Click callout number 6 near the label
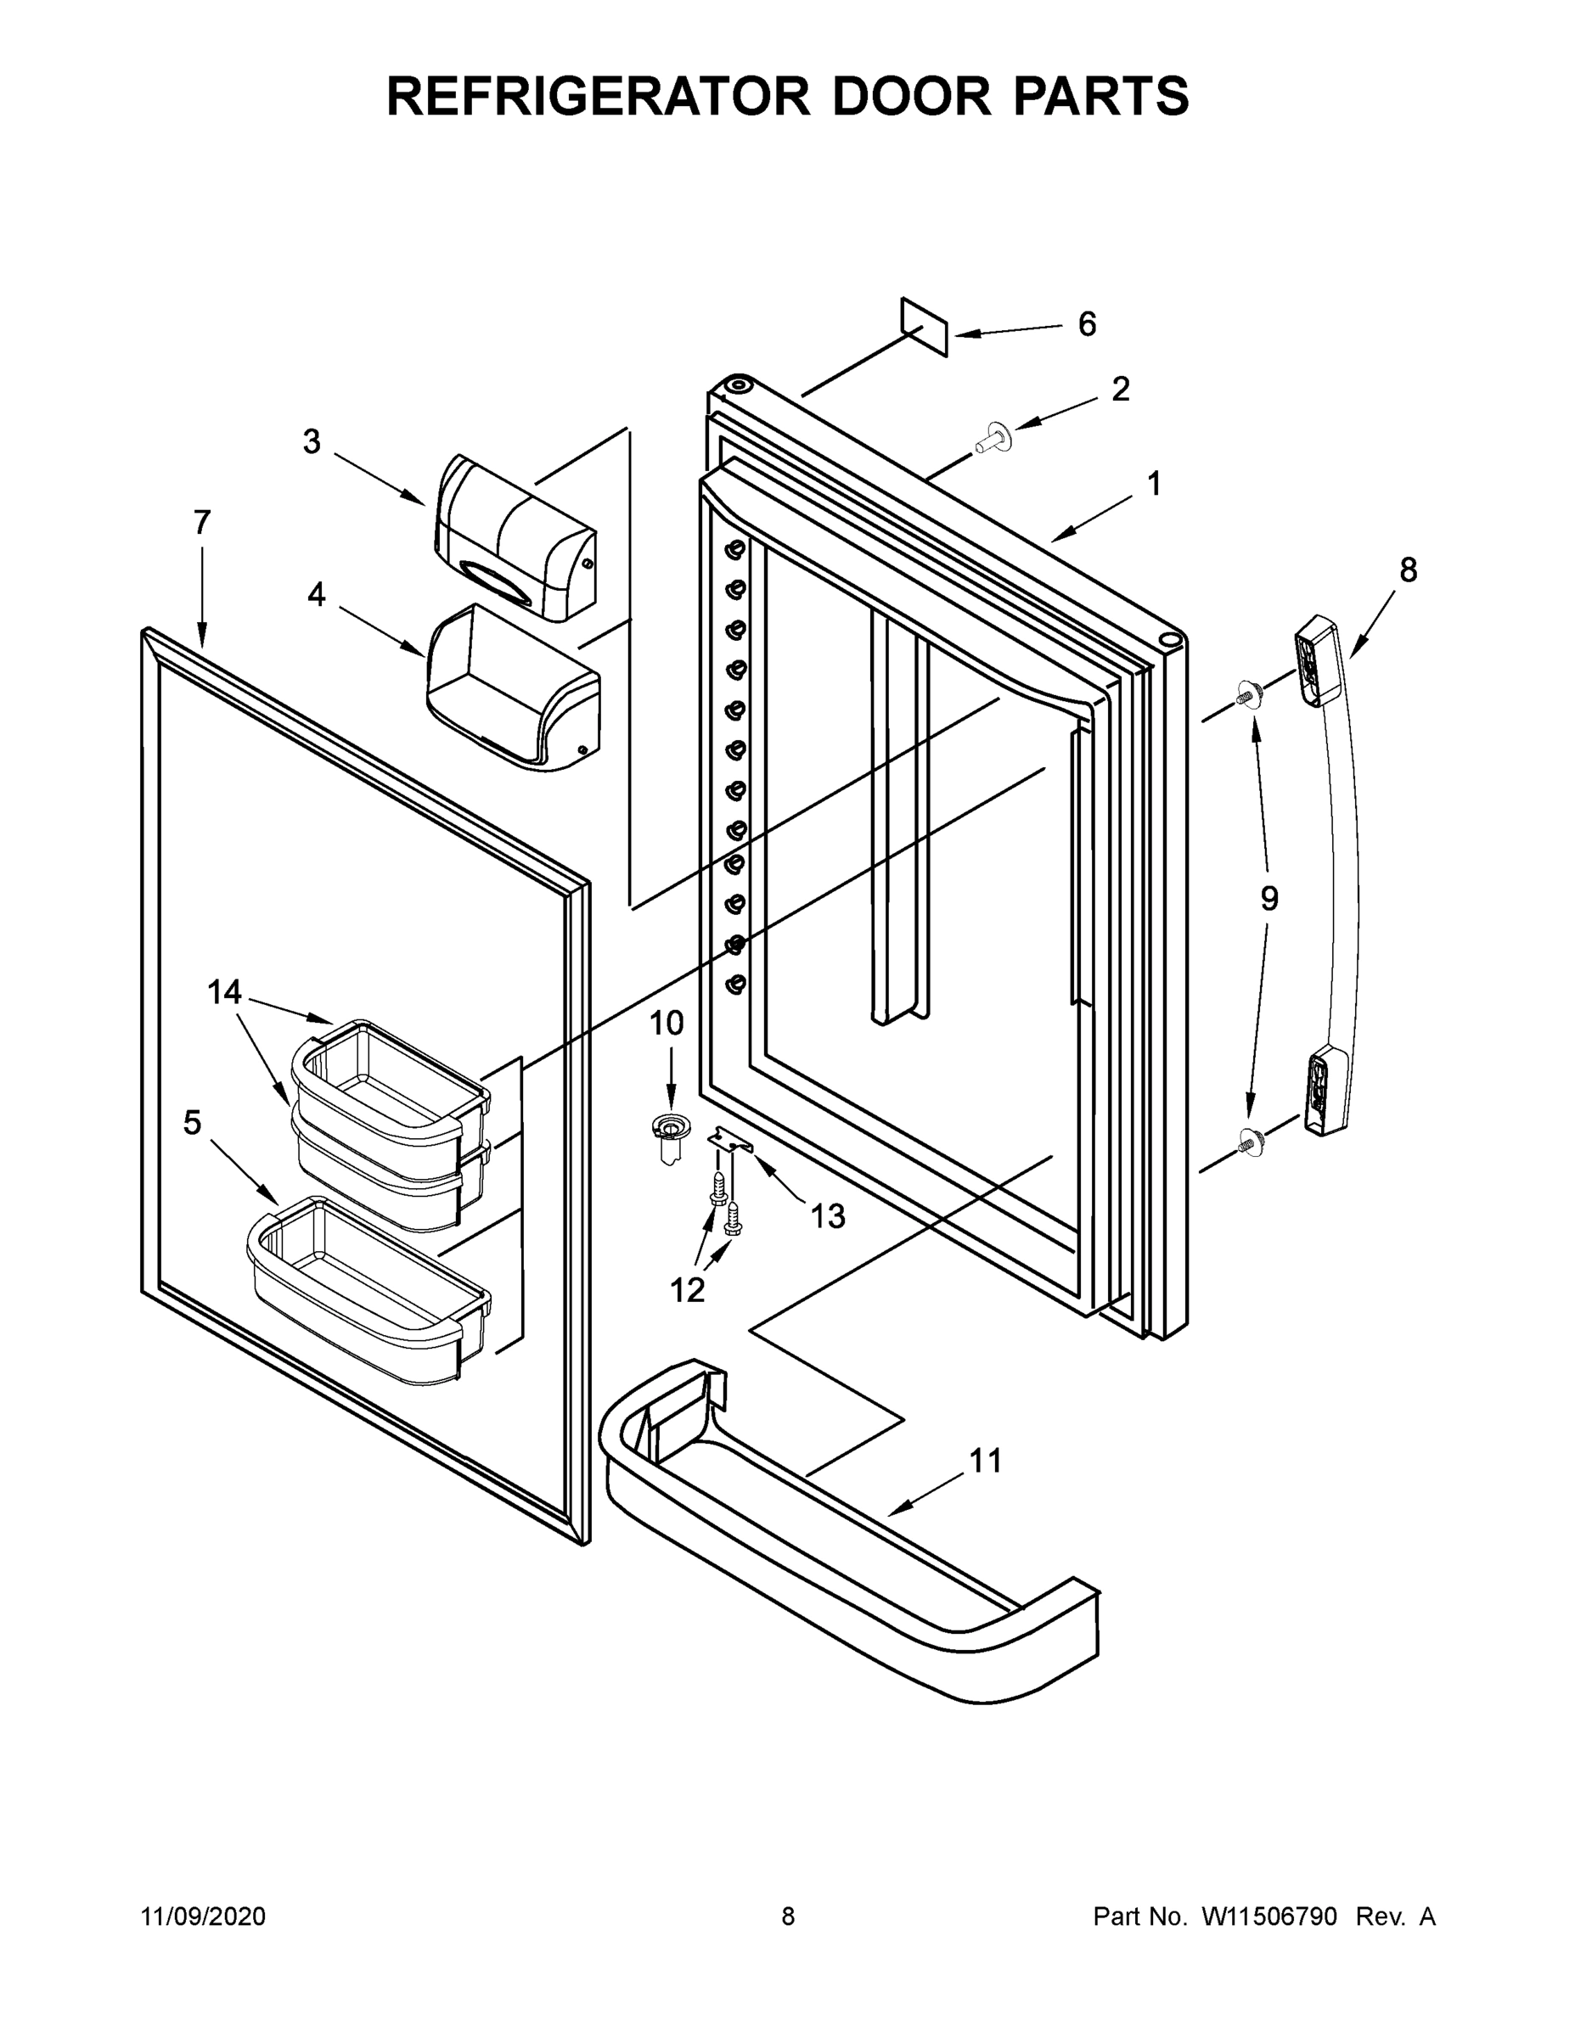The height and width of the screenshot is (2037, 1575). click(x=1087, y=324)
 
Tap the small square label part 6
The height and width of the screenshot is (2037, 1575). click(x=924, y=328)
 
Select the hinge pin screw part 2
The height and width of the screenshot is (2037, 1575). click(x=994, y=436)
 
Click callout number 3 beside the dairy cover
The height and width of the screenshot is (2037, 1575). click(x=312, y=442)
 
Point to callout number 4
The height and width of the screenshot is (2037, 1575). click(x=317, y=594)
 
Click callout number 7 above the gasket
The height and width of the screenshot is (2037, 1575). click(x=202, y=522)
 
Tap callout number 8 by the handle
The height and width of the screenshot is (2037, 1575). click(x=1408, y=570)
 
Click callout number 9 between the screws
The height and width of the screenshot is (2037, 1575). click(x=1269, y=899)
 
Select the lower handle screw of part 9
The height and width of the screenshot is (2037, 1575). click(x=1246, y=1139)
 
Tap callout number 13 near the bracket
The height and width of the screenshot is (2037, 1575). click(x=828, y=1216)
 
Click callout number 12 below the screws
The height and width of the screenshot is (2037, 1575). click(x=688, y=1291)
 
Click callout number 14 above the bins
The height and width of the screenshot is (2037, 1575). click(x=224, y=992)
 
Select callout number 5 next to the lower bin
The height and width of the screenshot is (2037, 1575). click(x=192, y=1123)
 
